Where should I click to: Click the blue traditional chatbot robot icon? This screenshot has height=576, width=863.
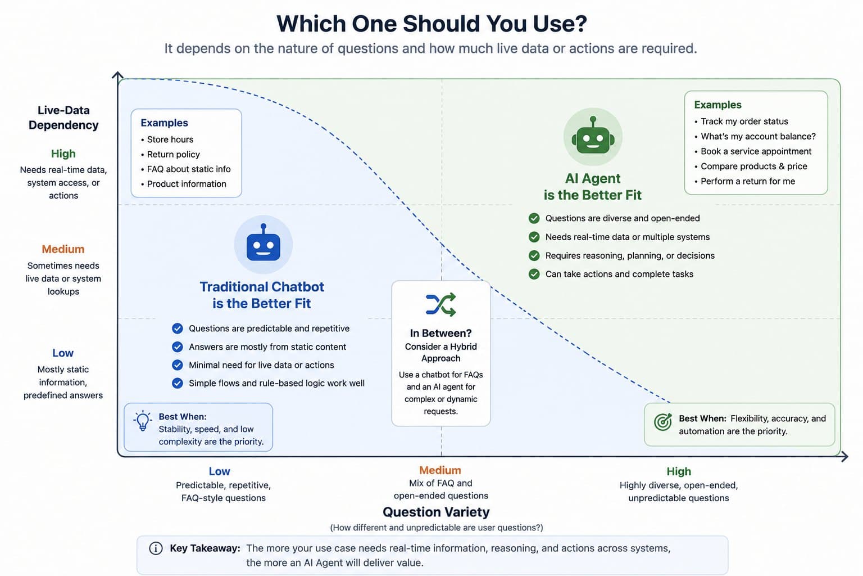click(263, 244)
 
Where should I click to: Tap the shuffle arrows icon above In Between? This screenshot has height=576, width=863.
click(440, 304)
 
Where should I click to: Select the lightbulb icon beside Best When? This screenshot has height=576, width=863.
click(143, 421)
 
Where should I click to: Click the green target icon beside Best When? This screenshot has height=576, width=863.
click(663, 422)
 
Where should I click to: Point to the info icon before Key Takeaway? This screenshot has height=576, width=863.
click(156, 548)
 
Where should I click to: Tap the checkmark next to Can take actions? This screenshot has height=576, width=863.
click(534, 274)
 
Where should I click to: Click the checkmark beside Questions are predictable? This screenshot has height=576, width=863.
click(177, 328)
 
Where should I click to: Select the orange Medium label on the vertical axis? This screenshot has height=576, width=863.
click(63, 249)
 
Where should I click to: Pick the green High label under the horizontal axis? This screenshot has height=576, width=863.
click(679, 471)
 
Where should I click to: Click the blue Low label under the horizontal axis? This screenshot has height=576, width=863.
click(220, 471)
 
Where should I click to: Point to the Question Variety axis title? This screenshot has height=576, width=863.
click(436, 512)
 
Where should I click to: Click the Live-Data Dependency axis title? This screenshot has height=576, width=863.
click(63, 118)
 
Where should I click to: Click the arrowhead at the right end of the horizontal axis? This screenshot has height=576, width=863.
click(844, 457)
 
